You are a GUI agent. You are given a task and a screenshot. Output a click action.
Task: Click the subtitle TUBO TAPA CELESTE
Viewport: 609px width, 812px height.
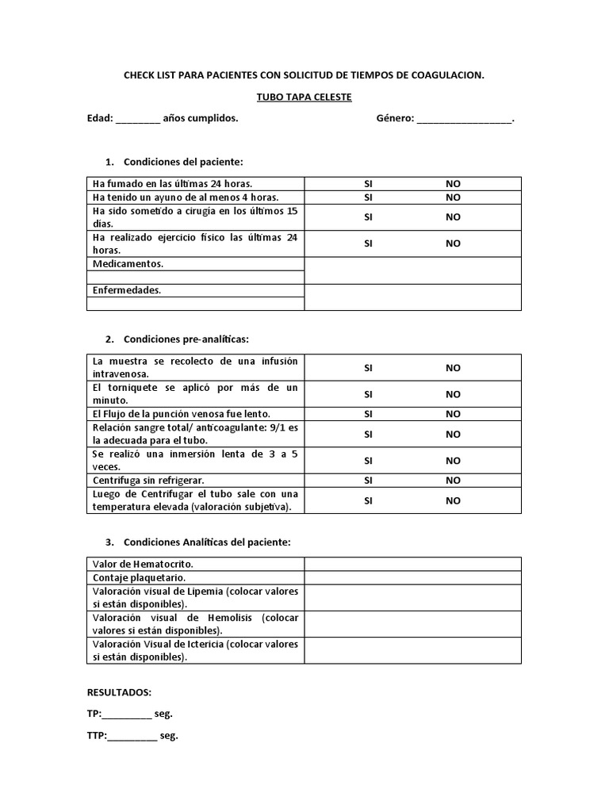(304, 97)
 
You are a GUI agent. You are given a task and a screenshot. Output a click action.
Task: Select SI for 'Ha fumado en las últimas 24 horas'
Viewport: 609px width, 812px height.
(368, 183)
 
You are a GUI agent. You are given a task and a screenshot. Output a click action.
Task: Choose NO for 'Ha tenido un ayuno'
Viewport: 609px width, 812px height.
(453, 197)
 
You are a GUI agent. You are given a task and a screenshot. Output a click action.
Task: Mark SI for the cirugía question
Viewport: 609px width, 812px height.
(368, 217)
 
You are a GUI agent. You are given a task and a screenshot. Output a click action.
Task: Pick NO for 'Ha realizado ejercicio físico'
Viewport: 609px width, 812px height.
(453, 243)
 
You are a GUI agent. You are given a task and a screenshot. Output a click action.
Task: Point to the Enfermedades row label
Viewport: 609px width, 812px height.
(127, 290)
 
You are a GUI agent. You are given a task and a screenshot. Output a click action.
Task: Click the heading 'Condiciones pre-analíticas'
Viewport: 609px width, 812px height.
(186, 339)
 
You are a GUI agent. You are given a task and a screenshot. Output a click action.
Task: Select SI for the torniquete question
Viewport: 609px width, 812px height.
(368, 394)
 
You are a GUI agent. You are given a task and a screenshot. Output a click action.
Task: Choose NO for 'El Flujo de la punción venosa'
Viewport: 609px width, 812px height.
(453, 414)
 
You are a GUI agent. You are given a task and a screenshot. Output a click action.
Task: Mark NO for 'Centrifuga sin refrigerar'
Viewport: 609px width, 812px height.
(453, 481)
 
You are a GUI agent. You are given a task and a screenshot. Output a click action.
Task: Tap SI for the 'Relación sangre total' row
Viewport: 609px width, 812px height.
(368, 435)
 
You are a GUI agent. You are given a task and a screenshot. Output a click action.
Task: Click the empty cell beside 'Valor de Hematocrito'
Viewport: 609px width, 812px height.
(412, 564)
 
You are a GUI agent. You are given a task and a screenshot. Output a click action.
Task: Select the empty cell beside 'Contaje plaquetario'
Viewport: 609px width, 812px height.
(412, 578)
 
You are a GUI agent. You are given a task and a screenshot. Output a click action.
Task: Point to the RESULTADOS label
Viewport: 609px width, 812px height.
(119, 692)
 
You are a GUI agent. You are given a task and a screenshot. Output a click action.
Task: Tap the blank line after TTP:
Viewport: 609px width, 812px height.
(132, 737)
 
